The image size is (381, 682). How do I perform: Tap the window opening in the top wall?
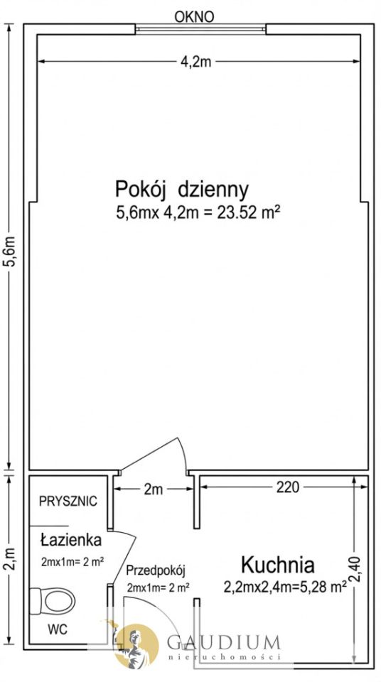click(200, 30)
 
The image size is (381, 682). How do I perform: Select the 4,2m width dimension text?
click(195, 62)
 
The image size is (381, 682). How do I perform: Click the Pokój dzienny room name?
click(181, 190)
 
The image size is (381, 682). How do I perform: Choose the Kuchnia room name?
click(277, 565)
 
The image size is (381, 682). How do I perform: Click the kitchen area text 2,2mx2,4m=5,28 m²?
click(285, 587)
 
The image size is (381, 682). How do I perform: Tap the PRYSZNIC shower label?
click(68, 502)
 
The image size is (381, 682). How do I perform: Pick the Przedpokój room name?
click(156, 570)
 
